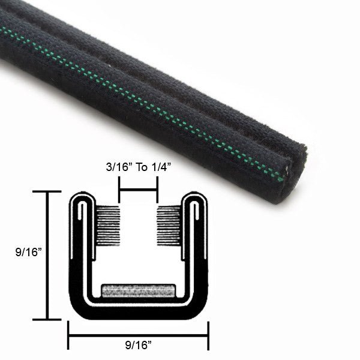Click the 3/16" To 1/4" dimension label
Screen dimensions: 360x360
(139, 167)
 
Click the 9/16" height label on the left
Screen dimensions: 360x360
(28, 253)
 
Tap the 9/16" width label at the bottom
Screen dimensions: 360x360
(138, 345)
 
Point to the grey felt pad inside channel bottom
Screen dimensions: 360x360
(139, 291)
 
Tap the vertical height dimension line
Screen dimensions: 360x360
(47, 256)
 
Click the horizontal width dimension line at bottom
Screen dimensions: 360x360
(139, 335)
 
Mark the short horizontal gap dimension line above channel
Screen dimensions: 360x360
(138, 190)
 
